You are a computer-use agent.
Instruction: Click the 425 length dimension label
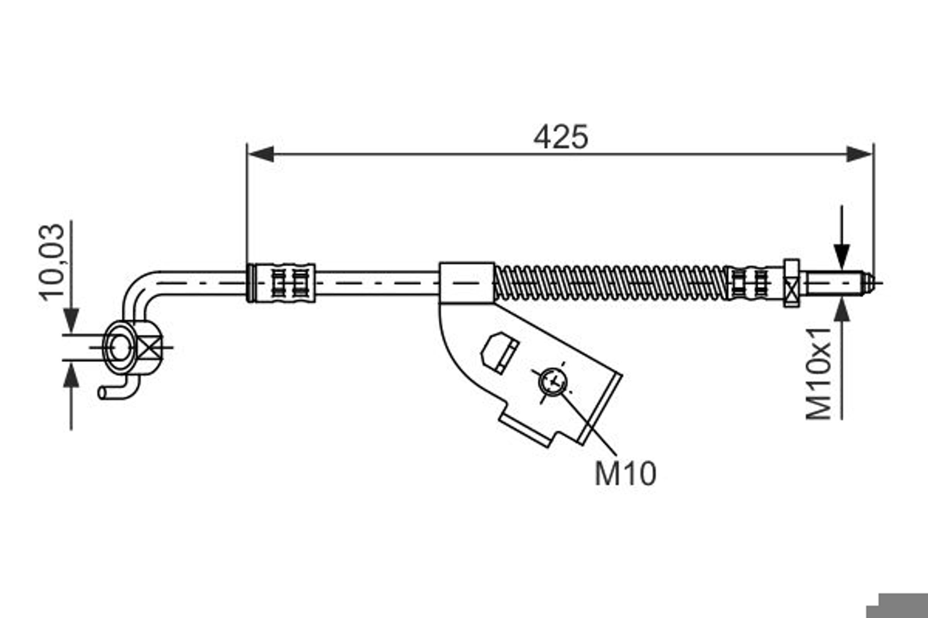(561, 136)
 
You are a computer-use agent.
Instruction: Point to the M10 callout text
(626, 474)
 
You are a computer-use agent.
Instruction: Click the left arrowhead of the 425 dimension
(260, 154)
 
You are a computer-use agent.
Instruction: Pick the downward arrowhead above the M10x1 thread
(842, 256)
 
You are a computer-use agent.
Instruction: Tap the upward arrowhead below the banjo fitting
(71, 375)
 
